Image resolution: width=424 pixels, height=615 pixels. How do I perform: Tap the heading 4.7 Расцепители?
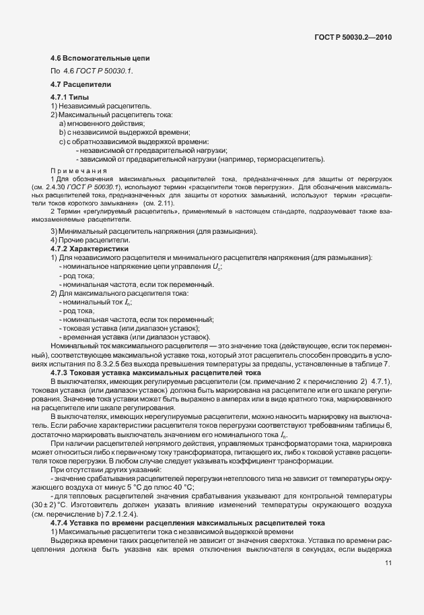pyautogui.click(x=81, y=84)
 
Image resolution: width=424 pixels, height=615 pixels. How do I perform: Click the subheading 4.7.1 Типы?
pyautogui.click(x=69, y=98)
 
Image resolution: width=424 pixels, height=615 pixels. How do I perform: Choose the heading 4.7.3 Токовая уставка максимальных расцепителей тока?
pyautogui.click(x=155, y=372)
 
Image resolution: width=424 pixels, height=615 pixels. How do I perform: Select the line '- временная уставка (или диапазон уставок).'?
pyautogui.click(x=135, y=337)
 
